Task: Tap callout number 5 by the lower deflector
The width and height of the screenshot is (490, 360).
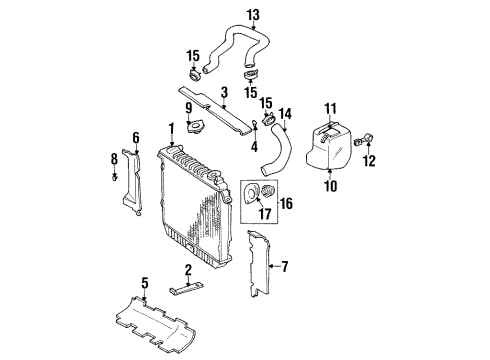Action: pyautogui.click(x=146, y=285)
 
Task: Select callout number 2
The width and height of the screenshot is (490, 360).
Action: pyautogui.click(x=187, y=271)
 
